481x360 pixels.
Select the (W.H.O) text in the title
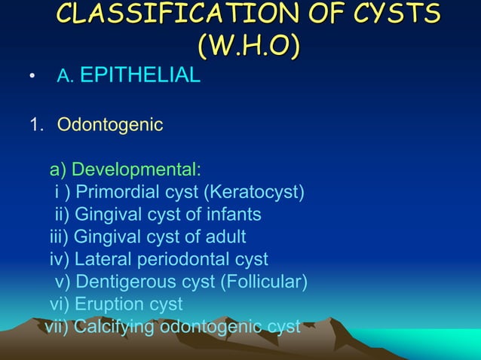(x=248, y=44)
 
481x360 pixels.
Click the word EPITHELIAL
(x=139, y=75)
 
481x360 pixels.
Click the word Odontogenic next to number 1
(x=110, y=124)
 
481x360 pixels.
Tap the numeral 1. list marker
(x=37, y=124)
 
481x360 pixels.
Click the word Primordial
(x=122, y=192)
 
